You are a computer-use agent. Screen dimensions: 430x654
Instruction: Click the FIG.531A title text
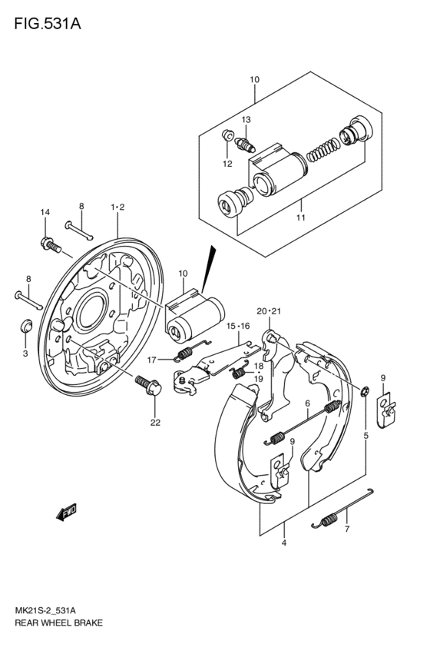coord(48,24)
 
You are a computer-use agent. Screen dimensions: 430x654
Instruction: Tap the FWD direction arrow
coord(67,512)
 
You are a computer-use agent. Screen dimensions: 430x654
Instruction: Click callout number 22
coord(155,423)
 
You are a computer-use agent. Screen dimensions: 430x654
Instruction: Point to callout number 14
coord(45,212)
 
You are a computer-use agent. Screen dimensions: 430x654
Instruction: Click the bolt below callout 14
coord(51,244)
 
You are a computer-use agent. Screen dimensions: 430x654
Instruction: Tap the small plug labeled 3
coord(26,325)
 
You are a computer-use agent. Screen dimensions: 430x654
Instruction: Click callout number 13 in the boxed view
coord(246,120)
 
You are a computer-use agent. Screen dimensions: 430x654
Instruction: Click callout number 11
coord(301,217)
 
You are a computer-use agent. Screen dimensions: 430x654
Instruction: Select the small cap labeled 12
coord(227,135)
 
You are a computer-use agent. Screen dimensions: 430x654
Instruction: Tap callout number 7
coord(347,530)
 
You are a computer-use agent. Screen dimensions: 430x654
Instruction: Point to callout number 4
coord(284,543)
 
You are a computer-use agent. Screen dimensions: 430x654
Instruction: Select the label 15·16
coord(238,326)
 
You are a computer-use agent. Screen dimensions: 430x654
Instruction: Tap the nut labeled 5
coord(365,391)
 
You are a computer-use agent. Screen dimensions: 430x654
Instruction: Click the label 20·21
coord(270,311)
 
